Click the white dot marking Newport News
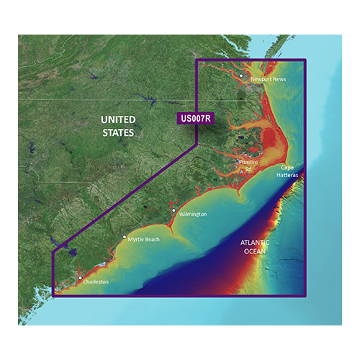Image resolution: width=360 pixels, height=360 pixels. tap(241, 74)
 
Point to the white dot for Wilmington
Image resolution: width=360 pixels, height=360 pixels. tap(174, 210)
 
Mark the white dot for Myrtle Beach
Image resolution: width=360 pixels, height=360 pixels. tap(125, 236)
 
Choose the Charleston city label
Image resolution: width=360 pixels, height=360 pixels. tap(95, 282)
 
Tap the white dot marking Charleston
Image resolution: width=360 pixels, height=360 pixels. tap(80, 277)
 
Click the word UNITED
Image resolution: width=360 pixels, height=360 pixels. tap(117, 120)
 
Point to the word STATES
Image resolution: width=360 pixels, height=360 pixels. tap(117, 133)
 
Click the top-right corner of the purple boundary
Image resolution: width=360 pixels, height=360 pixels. tap(306, 60)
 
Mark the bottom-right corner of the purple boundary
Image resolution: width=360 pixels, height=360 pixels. tap(306, 294)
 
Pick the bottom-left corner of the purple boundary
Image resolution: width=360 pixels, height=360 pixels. tap(53, 294)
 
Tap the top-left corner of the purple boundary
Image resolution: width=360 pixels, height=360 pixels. tap(197, 60)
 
